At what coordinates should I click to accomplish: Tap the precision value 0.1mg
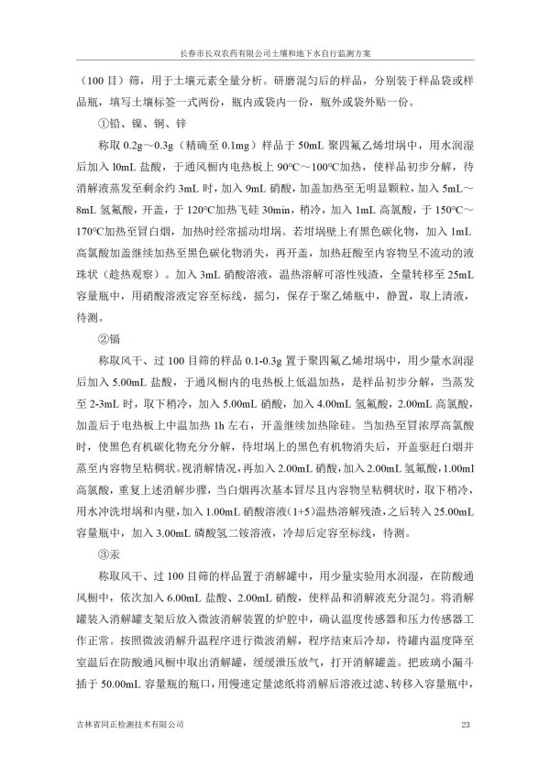[229, 145]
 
